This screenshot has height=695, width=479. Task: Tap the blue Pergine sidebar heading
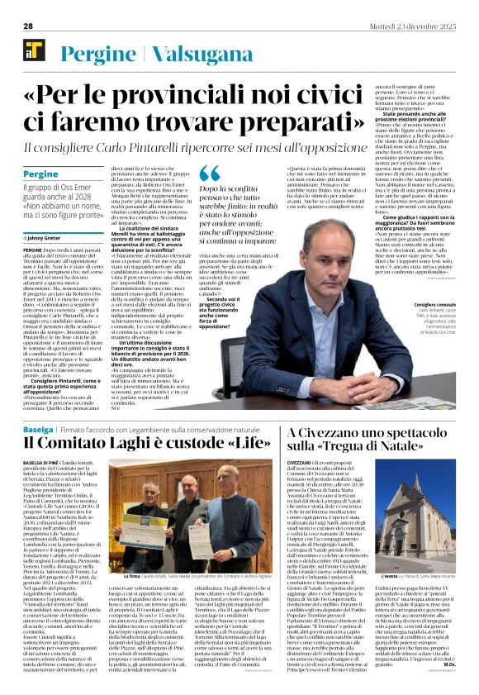(40, 175)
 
